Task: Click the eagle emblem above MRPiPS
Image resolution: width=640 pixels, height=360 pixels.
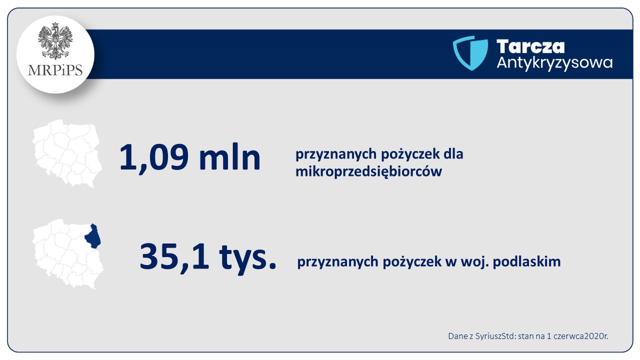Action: [x=55, y=41]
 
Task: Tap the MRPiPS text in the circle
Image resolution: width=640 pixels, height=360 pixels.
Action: [x=55, y=70]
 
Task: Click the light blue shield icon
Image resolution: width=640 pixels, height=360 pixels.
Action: [x=470, y=53]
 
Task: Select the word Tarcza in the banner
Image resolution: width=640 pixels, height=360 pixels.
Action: [x=530, y=46]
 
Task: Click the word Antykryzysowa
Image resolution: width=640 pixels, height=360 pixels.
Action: [x=554, y=63]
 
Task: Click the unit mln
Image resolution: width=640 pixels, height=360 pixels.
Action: [x=230, y=156]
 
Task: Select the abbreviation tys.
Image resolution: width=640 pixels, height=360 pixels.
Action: [x=247, y=258]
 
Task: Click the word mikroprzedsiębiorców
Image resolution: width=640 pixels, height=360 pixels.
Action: [x=368, y=172]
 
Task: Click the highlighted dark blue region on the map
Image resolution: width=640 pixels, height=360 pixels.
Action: [x=93, y=237]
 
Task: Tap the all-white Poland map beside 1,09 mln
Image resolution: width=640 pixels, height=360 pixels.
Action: [x=67, y=153]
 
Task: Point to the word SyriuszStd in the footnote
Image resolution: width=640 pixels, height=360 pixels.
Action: [x=495, y=336]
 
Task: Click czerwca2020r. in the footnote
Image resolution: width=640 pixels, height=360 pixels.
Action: [x=581, y=336]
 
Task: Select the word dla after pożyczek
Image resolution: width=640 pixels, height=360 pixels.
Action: [x=453, y=154]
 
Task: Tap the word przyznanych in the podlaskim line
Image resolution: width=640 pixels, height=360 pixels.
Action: [x=337, y=262]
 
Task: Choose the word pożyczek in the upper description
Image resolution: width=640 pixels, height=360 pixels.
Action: [x=410, y=154]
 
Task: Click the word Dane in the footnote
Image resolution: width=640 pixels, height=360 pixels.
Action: [x=457, y=336]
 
